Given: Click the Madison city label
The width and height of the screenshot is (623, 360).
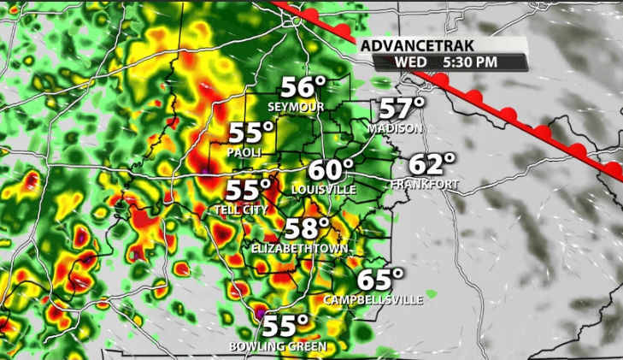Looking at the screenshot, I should (x=396, y=128).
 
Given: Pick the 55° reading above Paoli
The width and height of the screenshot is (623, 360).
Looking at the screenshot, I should (x=251, y=133).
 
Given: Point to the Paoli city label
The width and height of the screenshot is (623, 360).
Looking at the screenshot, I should (x=244, y=152).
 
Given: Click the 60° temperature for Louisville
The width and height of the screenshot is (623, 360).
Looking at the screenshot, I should (x=331, y=169).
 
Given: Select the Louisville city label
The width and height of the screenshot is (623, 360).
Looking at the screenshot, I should (x=323, y=188).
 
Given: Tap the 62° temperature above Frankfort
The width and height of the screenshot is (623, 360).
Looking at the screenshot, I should (x=432, y=165).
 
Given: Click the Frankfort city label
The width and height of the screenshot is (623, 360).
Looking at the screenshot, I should (x=425, y=184).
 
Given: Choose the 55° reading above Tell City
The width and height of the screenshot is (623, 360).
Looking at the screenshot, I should (x=249, y=191).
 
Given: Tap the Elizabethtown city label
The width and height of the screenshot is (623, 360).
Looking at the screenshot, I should (x=300, y=248).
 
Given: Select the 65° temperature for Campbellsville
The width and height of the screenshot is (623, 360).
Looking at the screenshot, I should (x=380, y=280).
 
